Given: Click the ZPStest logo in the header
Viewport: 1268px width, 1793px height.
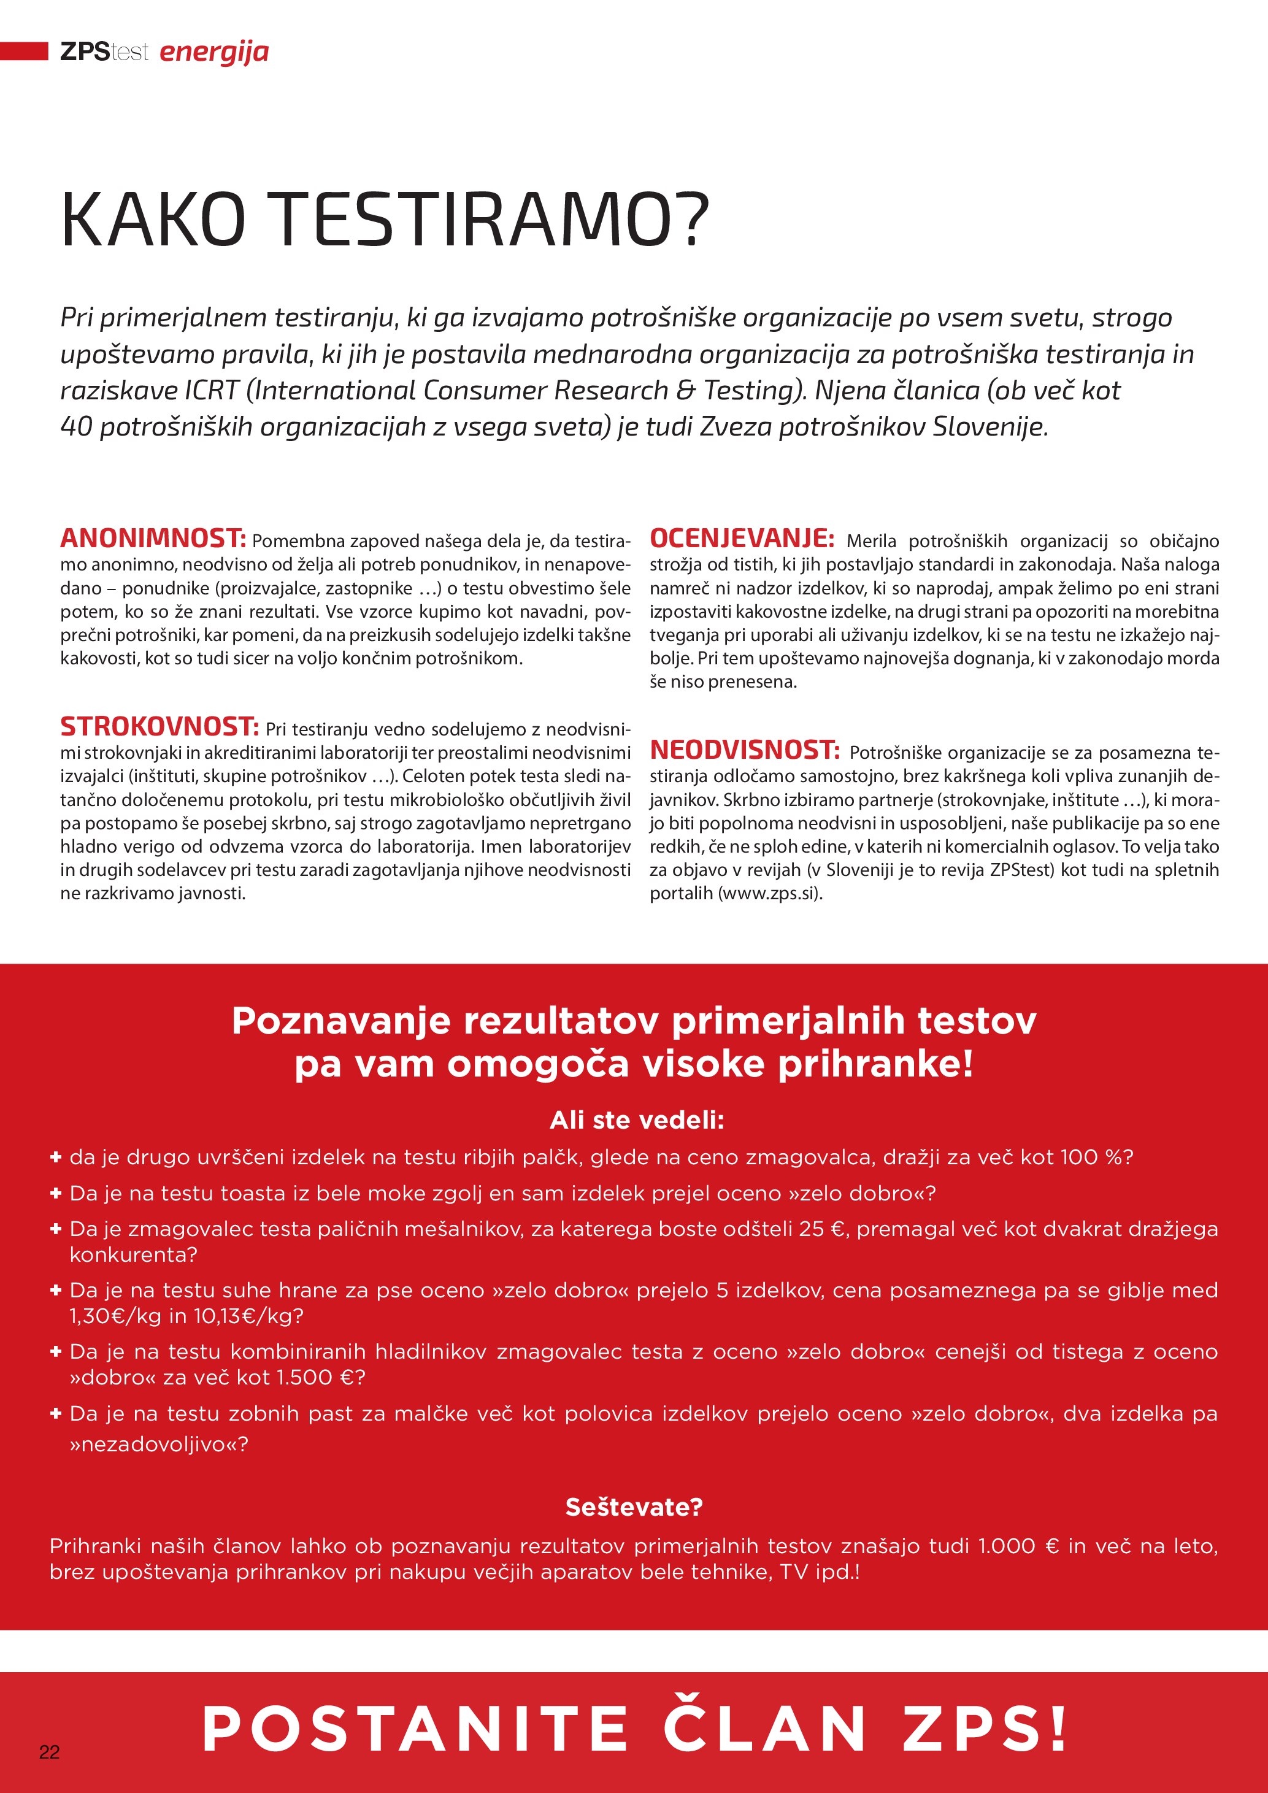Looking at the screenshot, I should pyautogui.click(x=104, y=52).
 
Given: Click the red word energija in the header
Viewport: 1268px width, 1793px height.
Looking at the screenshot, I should pyautogui.click(x=214, y=52).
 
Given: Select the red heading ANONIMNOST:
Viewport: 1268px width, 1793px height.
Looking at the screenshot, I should pyautogui.click(x=153, y=538).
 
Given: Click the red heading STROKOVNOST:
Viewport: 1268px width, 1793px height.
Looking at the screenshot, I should pyautogui.click(x=159, y=726).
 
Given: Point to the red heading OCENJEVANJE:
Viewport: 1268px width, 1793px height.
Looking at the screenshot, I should pyautogui.click(x=741, y=538).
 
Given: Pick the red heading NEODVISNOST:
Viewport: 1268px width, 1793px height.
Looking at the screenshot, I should pyautogui.click(x=744, y=750).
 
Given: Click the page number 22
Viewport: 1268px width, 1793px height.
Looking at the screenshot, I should pyautogui.click(x=49, y=1752).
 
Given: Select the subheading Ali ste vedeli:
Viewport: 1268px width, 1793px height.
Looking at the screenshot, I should pyautogui.click(x=636, y=1120).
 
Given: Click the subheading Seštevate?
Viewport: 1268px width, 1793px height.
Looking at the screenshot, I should pyautogui.click(x=633, y=1507).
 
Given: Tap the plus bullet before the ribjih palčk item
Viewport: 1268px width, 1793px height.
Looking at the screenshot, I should pyautogui.click(x=55, y=1156).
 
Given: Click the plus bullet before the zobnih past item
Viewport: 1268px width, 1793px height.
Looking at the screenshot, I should pyautogui.click(x=55, y=1413).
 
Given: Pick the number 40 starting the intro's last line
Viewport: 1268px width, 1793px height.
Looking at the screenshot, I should pyautogui.click(x=77, y=426).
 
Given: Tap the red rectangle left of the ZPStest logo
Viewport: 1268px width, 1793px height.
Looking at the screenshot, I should pyautogui.click(x=24, y=52).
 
